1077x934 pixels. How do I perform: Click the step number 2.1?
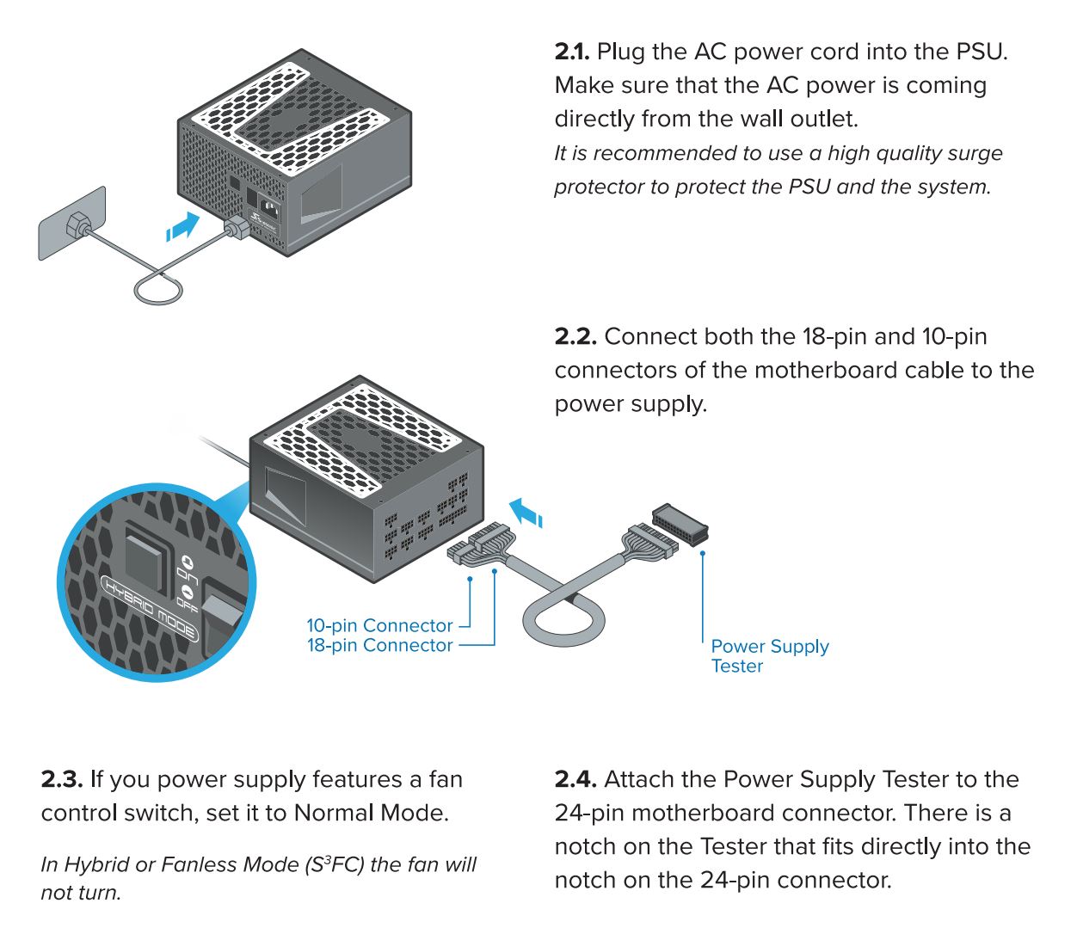[572, 52]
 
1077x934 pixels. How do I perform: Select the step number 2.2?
[575, 337]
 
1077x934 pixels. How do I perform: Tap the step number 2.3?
[62, 780]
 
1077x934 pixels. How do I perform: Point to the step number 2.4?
[575, 780]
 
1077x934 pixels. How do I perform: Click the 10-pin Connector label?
[379, 626]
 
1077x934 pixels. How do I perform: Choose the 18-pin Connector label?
[379, 646]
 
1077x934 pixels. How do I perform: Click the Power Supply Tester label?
[769, 656]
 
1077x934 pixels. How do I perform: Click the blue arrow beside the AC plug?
[183, 228]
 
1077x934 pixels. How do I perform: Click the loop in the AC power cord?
[158, 288]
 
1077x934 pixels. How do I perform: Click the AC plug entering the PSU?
[236, 227]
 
